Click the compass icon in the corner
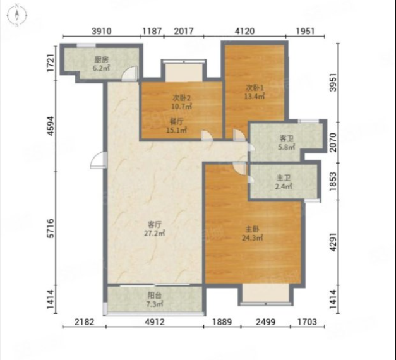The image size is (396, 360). pos(17,15)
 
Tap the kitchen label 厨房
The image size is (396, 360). pos(101,60)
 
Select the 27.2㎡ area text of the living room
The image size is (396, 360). pos(154,233)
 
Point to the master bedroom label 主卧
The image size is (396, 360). pos(252,229)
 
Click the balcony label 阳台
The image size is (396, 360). pos(154,296)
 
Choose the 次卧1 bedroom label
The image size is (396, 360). pos(255,88)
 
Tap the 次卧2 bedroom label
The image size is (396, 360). pos(181,97)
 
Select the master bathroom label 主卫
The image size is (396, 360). pos(284,178)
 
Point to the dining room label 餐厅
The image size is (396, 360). pos(177,122)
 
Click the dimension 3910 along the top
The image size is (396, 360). pos(101,32)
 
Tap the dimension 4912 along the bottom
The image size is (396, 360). pos(154,322)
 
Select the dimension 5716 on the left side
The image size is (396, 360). pos(51,228)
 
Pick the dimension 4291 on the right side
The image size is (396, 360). pos(333,242)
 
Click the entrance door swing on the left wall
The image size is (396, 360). pos(99,160)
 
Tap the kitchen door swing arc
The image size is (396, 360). pos(130,73)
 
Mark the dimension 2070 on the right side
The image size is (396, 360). pos(333,142)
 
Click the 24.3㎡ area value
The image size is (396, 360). pos(252,238)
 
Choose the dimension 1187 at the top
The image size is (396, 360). pos(152,32)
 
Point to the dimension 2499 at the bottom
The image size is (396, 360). pos(265,322)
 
